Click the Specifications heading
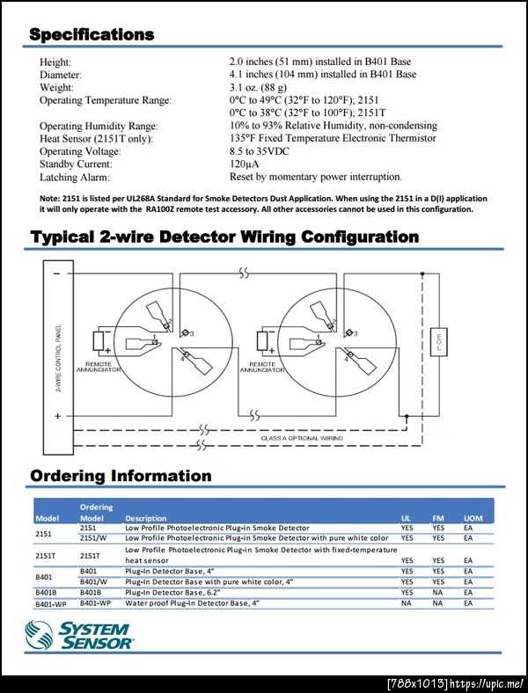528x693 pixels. tap(92, 35)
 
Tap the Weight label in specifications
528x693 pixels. tap(56, 88)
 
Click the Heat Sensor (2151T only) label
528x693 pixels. tap(96, 139)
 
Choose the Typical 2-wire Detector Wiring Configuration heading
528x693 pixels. tap(224, 237)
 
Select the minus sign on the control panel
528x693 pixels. tap(57, 274)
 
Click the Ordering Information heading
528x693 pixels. tap(121, 476)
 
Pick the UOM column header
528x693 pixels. tap(473, 519)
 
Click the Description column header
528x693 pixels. tap(145, 519)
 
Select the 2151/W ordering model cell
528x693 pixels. tap(94, 537)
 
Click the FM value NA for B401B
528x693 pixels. tap(437, 593)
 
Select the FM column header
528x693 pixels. tap(437, 519)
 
